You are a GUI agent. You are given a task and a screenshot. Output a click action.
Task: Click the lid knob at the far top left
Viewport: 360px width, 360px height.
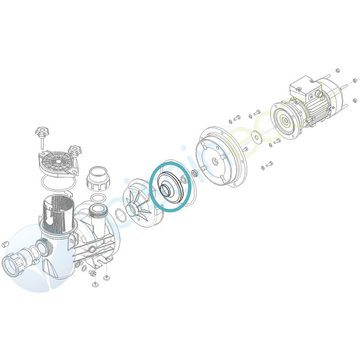pos(43,131)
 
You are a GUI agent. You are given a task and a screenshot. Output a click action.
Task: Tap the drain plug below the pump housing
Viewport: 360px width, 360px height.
pos(91,277)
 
